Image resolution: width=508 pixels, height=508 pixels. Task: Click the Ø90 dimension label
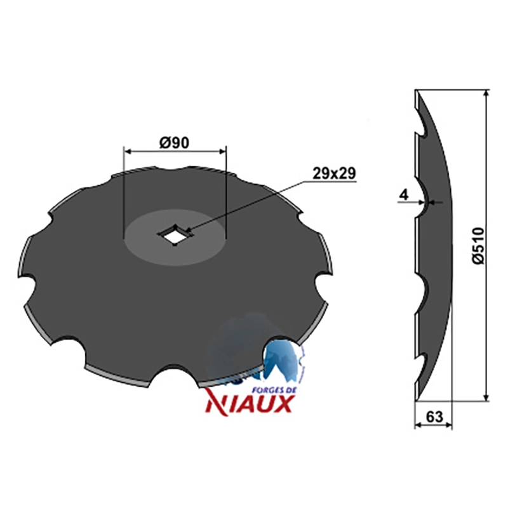[174, 143]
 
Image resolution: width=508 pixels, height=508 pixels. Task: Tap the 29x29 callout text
[334, 173]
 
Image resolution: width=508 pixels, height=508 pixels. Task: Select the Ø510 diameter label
[479, 246]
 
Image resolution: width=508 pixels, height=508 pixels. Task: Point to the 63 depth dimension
[434, 417]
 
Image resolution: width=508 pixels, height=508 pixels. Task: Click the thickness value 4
[404, 195]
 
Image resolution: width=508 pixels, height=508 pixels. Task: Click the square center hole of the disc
[175, 234]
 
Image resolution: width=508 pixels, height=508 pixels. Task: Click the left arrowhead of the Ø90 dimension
[128, 151]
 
